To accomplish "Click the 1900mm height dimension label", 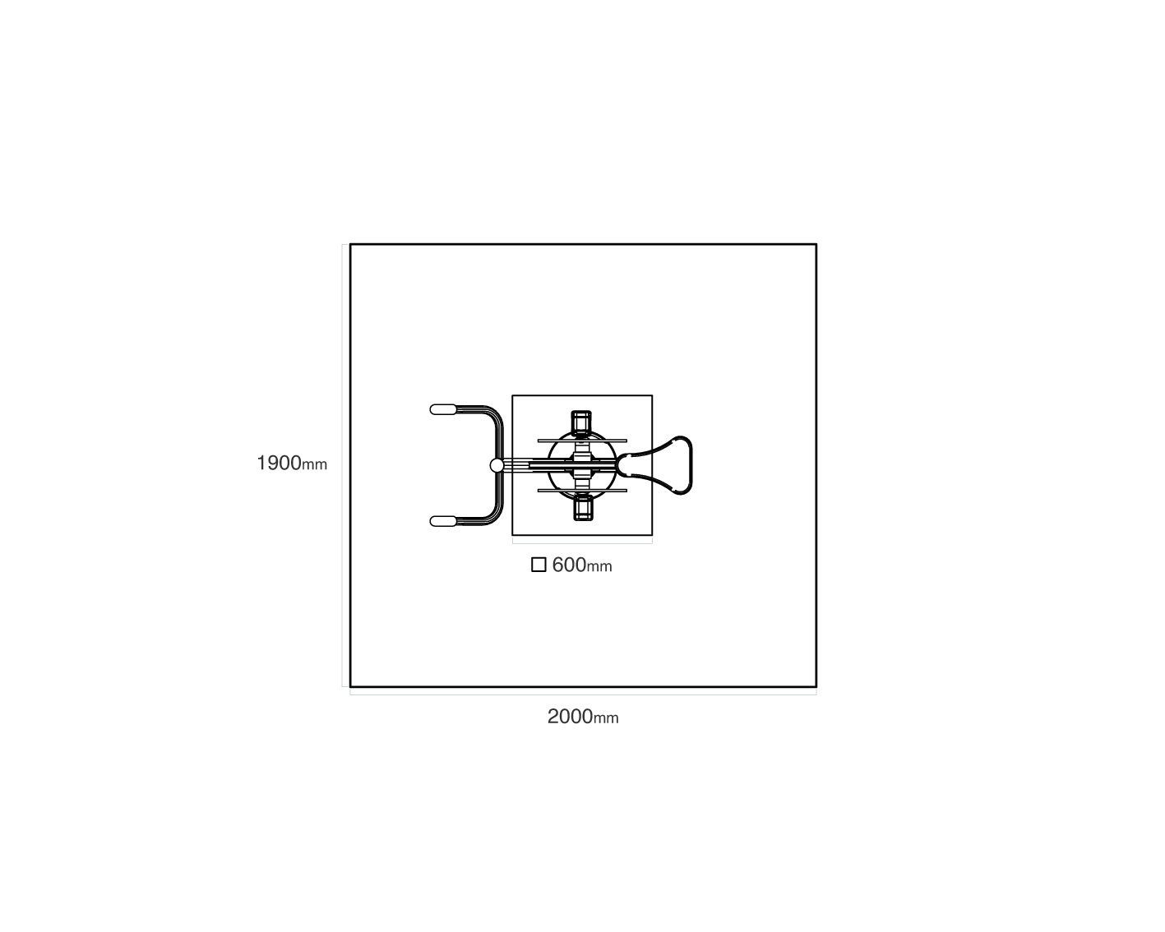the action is [292, 464].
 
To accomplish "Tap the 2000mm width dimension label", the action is [582, 717].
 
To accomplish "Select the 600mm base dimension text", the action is [582, 565].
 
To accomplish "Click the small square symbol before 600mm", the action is [539, 565].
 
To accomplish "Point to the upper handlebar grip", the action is [443, 409].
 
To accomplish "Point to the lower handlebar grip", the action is [443, 521].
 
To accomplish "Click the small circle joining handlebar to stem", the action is [497, 465].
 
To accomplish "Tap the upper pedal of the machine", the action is [581, 422].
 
